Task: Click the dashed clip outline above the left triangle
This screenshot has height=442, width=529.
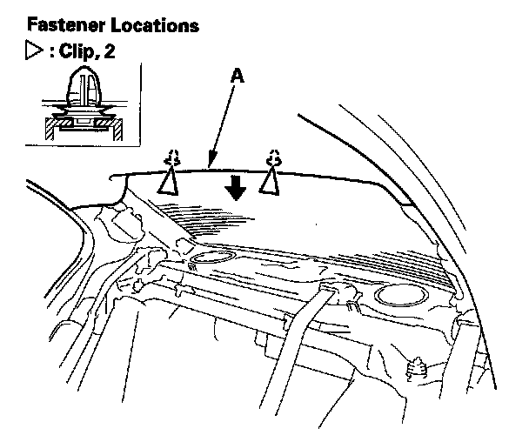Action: coord(172,157)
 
